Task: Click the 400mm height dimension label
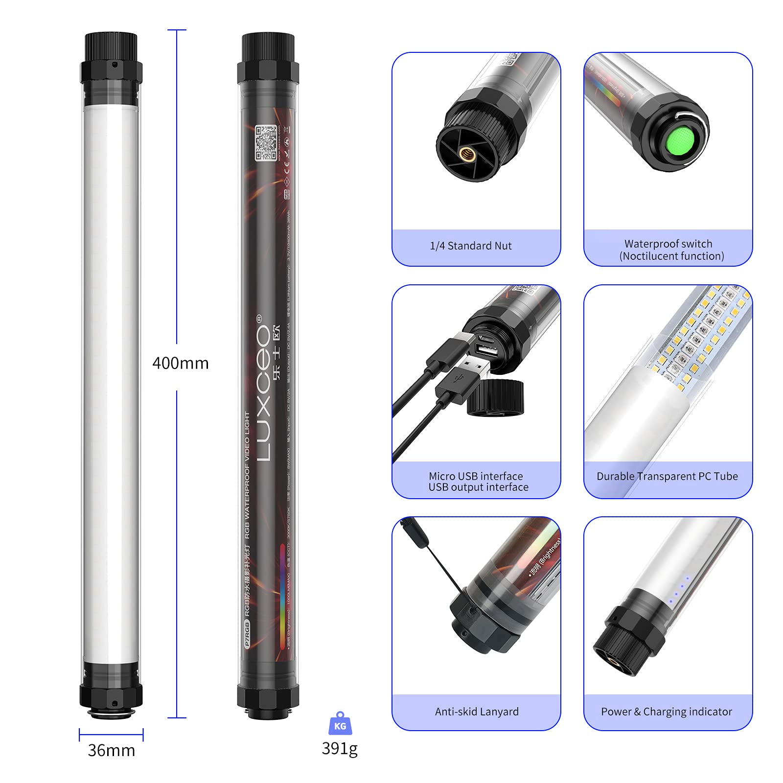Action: (180, 363)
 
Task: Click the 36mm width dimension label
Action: (111, 750)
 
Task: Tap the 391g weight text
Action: (340, 748)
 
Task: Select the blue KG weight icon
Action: (340, 724)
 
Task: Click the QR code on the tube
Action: (266, 142)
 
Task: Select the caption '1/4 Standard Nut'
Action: (470, 246)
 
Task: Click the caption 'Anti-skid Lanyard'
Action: (477, 712)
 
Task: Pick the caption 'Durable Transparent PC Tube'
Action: (667, 476)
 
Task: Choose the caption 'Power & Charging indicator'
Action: (667, 712)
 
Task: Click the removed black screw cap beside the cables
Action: (495, 398)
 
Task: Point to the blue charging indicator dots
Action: (679, 590)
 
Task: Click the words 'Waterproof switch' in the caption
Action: (668, 244)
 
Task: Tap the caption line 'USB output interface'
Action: (478, 487)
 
